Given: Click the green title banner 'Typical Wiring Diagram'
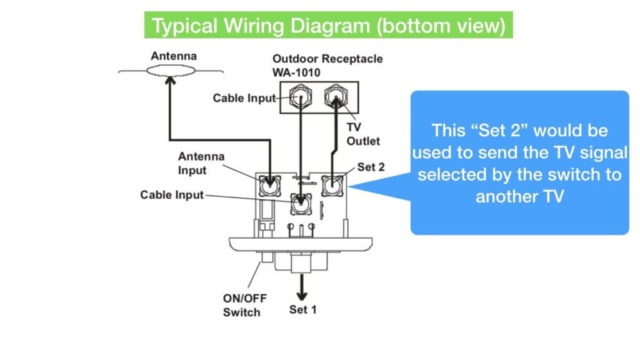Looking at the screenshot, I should click(x=329, y=26).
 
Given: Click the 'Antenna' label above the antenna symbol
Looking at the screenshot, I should click(x=173, y=56).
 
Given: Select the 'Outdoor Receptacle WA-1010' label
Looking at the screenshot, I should click(x=327, y=65).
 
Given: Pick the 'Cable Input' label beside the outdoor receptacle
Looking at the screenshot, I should click(x=244, y=98).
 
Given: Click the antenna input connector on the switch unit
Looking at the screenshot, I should click(x=270, y=184).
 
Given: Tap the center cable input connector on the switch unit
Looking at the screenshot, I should click(x=302, y=201).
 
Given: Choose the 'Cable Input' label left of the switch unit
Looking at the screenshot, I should click(x=172, y=195).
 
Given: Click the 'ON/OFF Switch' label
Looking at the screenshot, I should click(x=241, y=304).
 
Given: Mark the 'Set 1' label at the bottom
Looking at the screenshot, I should click(x=302, y=309).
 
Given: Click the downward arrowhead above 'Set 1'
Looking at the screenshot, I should click(x=302, y=296).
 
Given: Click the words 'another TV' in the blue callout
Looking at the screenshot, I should click(x=519, y=196).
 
